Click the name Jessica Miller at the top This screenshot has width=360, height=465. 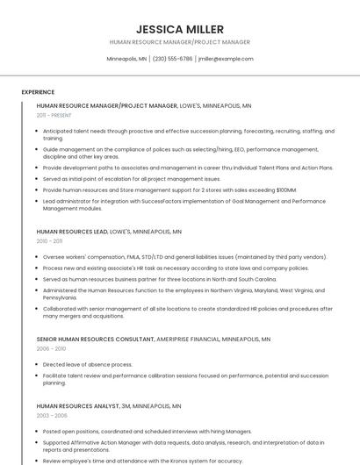pyautogui.click(x=180, y=29)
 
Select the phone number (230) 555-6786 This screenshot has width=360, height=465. pyautogui.click(x=172, y=59)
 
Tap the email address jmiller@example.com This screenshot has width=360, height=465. pyautogui.click(x=226, y=59)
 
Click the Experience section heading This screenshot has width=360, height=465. pyautogui.click(x=38, y=92)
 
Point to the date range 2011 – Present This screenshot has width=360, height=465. pyautogui.click(x=54, y=115)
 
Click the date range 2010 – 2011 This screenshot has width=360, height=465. pyautogui.click(x=49, y=241)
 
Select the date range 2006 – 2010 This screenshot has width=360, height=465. pyautogui.click(x=51, y=348)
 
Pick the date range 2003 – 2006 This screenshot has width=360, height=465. pyautogui.click(x=52, y=416)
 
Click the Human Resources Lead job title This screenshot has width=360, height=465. pyautogui.click(x=72, y=232)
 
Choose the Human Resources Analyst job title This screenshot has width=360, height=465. pyautogui.click(x=77, y=406)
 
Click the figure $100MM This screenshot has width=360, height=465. pyautogui.click(x=286, y=190)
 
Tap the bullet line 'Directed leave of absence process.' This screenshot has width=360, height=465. pyautogui.click(x=88, y=364)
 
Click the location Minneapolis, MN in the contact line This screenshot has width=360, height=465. pyautogui.click(x=126, y=59)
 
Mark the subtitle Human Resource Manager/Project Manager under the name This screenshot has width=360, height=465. pyautogui.click(x=180, y=42)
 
